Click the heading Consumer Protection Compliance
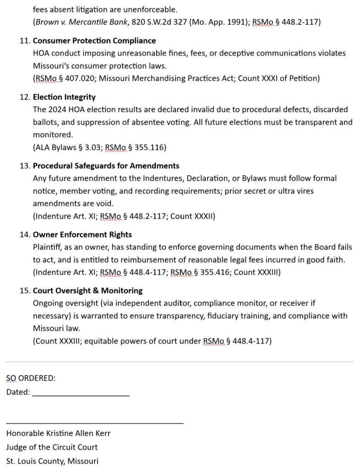(x=94, y=41)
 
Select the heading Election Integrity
(x=64, y=97)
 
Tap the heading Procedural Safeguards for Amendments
(x=106, y=166)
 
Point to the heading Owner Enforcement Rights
(x=82, y=235)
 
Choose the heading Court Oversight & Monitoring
(x=88, y=291)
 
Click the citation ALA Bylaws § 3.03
(x=67, y=147)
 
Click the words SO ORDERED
(x=31, y=378)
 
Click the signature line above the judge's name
(x=95, y=422)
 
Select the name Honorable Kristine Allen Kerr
(x=58, y=433)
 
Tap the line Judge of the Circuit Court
(x=52, y=447)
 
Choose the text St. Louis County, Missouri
(x=52, y=461)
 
